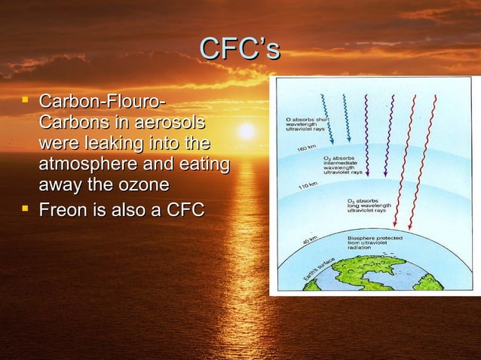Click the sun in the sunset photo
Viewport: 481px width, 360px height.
pyautogui.click(x=246, y=131)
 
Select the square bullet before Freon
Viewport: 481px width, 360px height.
pyautogui.click(x=27, y=208)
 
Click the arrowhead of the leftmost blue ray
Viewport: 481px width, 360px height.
pyautogui.click(x=330, y=142)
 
